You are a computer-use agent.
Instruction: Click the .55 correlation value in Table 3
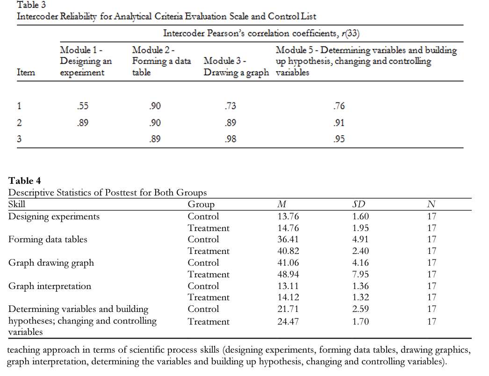point(82,106)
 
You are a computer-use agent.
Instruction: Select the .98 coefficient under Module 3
point(230,139)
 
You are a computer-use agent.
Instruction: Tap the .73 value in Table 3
point(230,106)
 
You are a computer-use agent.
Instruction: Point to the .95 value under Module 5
point(339,139)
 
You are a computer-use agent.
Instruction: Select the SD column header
point(360,204)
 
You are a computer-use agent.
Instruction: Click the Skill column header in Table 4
point(17,204)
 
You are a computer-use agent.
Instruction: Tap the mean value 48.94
point(288,275)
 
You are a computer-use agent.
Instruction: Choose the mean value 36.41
point(288,239)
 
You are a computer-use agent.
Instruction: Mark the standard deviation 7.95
point(360,275)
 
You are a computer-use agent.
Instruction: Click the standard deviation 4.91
point(360,239)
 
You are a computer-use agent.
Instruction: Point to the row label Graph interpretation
point(50,286)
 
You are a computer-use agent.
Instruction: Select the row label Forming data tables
point(48,239)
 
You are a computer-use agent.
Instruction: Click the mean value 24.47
point(288,322)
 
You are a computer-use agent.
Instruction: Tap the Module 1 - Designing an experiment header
point(82,61)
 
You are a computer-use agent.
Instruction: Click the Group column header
point(201,204)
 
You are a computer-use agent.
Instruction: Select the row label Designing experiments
point(54,217)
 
